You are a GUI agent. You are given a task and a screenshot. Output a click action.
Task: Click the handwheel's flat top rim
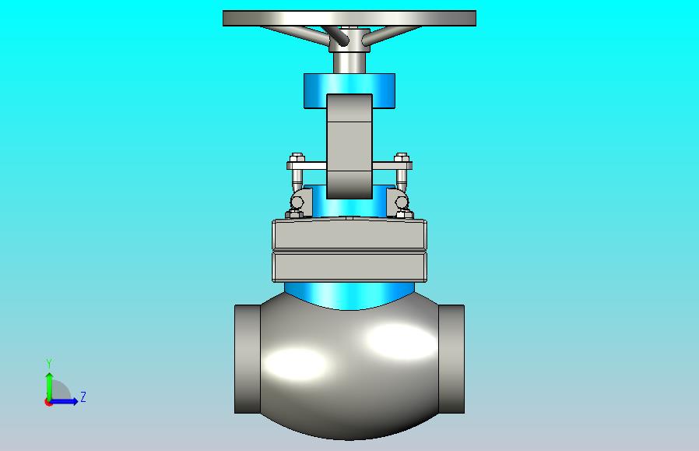pos(349,18)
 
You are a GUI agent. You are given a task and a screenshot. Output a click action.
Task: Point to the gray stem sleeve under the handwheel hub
pos(349,63)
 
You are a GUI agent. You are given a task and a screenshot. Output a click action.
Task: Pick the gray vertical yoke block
pos(349,146)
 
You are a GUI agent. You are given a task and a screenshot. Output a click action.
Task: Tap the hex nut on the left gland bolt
pos(297,157)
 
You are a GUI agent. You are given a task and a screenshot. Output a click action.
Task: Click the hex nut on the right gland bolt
pos(401,157)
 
